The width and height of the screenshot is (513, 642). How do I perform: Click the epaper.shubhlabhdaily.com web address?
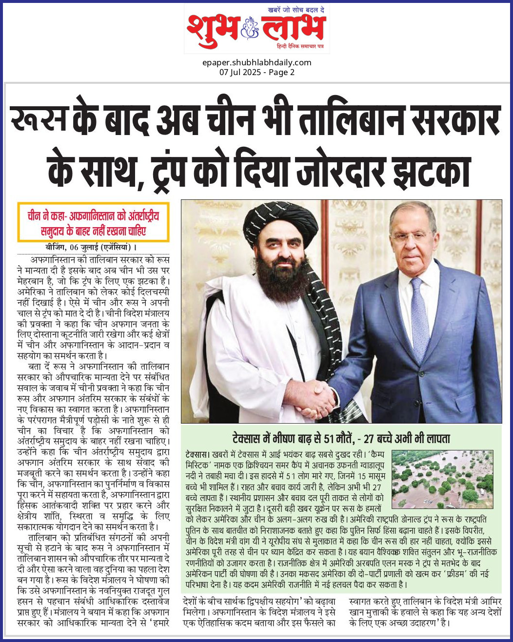point(256,62)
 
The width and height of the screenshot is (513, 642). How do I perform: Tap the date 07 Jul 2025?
point(240,72)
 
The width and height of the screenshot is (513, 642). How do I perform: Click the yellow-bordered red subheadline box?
point(93,222)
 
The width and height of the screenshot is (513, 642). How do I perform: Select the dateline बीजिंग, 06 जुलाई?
point(72,247)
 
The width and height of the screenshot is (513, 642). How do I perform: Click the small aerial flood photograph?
point(442,479)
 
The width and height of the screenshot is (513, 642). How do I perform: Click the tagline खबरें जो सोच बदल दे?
point(296,10)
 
